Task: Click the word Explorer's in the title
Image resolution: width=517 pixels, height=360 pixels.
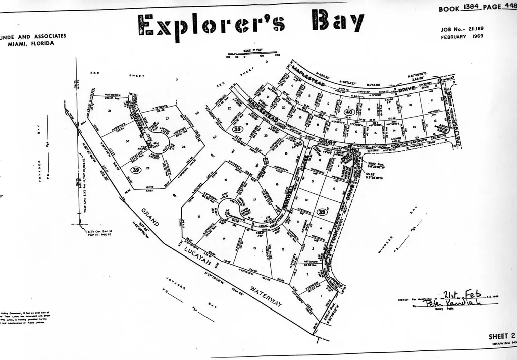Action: click(x=212, y=25)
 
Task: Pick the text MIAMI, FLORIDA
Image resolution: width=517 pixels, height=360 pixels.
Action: click(x=31, y=43)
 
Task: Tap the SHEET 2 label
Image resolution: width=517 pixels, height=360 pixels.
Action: click(x=501, y=336)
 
